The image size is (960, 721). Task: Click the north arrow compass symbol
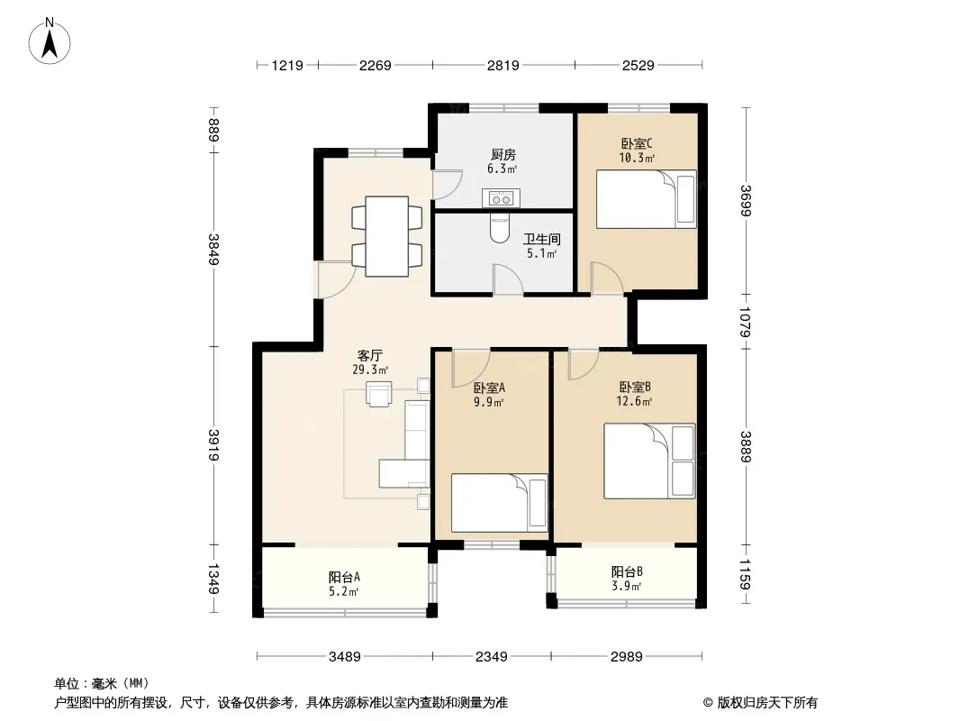click(x=50, y=41)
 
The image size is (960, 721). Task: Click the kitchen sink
click(x=501, y=198)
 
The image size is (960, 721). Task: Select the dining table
click(x=387, y=236)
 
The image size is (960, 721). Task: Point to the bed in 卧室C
click(x=647, y=199)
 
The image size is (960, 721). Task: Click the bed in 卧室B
click(x=649, y=461)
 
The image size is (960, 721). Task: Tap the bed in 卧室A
click(x=499, y=503)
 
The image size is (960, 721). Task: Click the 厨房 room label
click(x=503, y=155)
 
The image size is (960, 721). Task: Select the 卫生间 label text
click(x=542, y=239)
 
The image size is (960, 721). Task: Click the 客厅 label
click(x=370, y=355)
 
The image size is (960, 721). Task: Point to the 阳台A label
click(x=344, y=577)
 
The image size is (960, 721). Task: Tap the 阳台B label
click(x=627, y=572)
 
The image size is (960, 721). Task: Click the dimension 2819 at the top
click(x=503, y=65)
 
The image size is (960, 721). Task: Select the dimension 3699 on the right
click(x=745, y=200)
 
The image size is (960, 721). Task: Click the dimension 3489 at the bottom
click(x=345, y=657)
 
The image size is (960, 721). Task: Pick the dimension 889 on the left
click(x=213, y=130)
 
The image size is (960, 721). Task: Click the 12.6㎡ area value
click(x=634, y=402)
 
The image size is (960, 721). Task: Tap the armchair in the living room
click(x=378, y=393)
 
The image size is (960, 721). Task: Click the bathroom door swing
click(x=508, y=279)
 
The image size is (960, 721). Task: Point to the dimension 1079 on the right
click(x=745, y=322)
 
